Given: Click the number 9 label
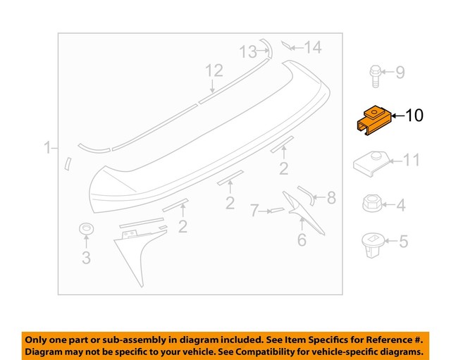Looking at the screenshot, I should point(400,72).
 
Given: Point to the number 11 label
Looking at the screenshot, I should point(410,161).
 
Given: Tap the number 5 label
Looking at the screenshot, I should point(403,242).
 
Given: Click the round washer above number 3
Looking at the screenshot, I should point(86,230).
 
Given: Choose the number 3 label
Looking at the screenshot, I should point(86,258).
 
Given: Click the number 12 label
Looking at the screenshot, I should point(214,70).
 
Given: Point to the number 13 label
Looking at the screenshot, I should point(249,51).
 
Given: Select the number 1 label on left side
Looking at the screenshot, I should point(47,148).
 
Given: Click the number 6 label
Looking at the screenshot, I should point(302,240).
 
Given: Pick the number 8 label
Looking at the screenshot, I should point(330,198).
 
